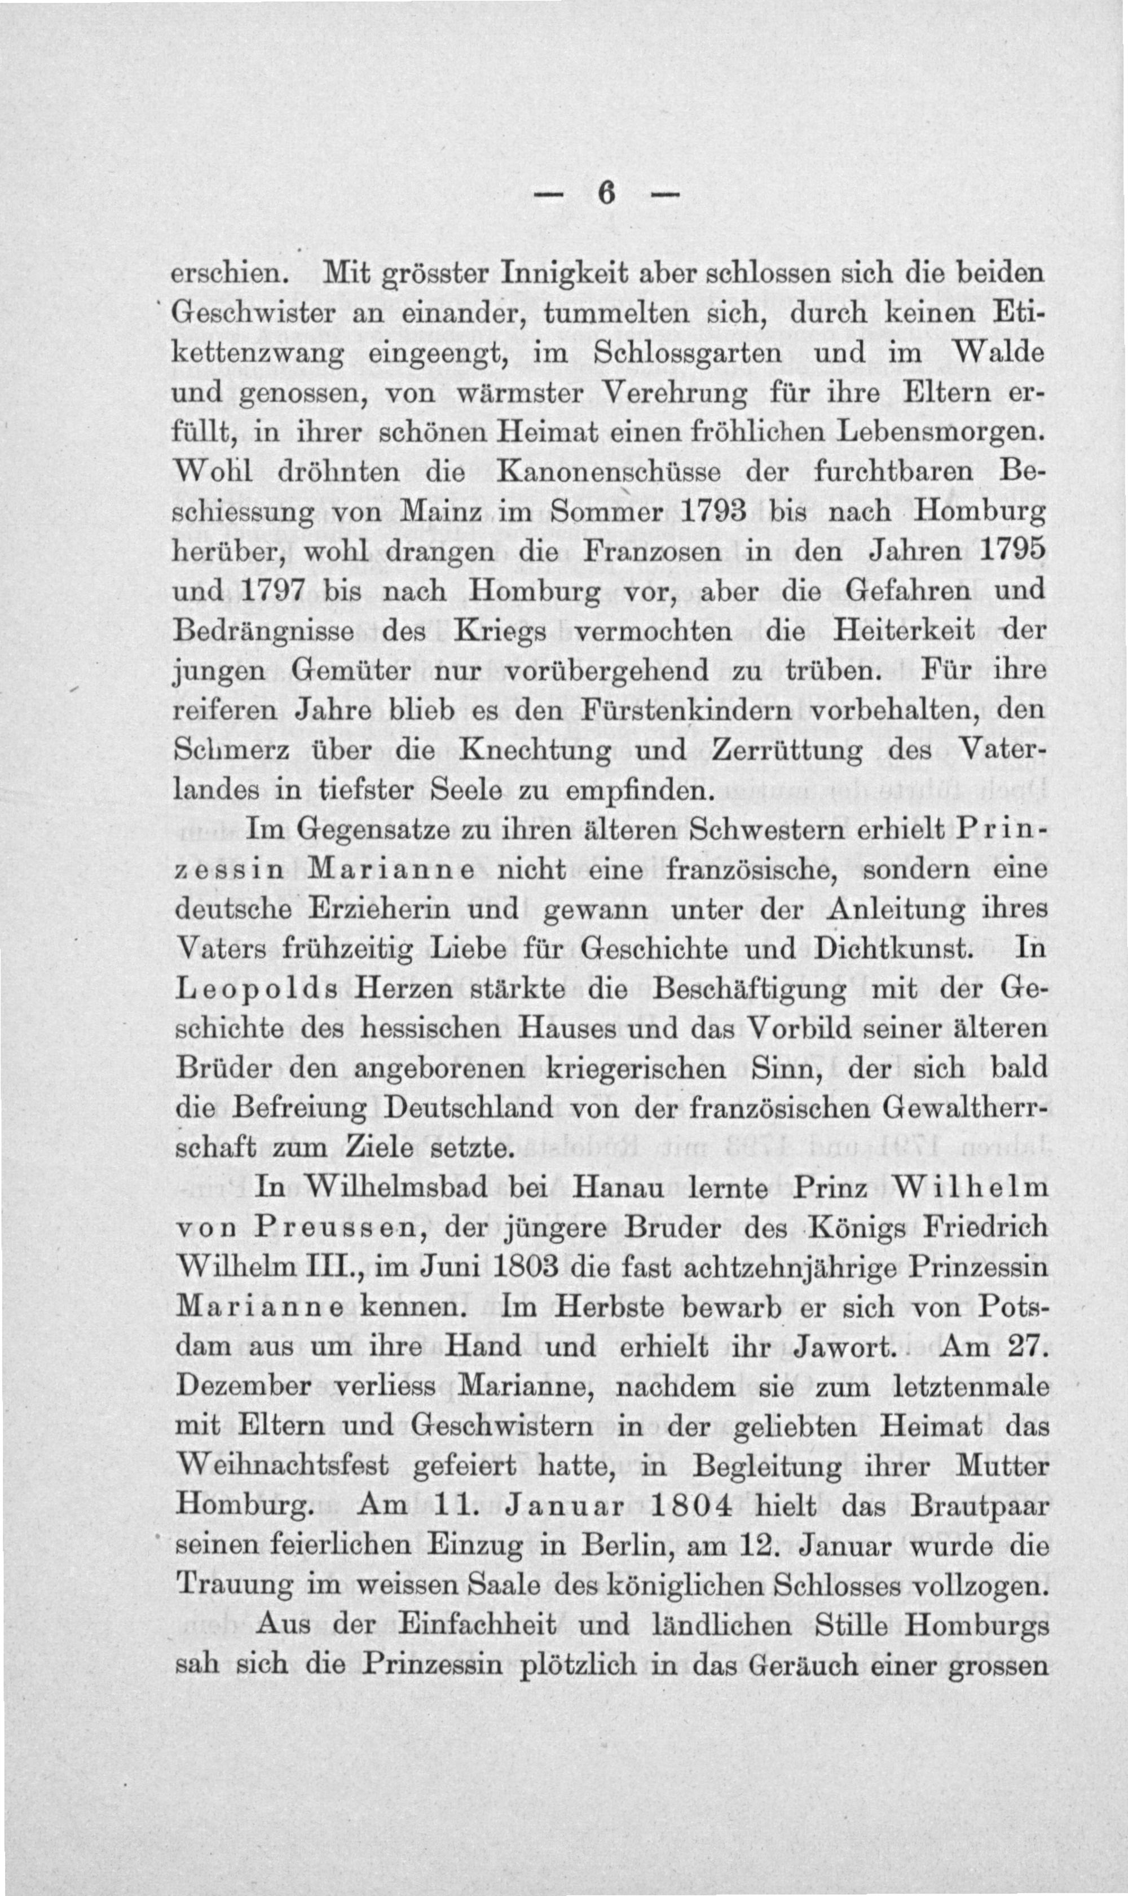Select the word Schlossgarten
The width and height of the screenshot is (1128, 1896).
point(686,354)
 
